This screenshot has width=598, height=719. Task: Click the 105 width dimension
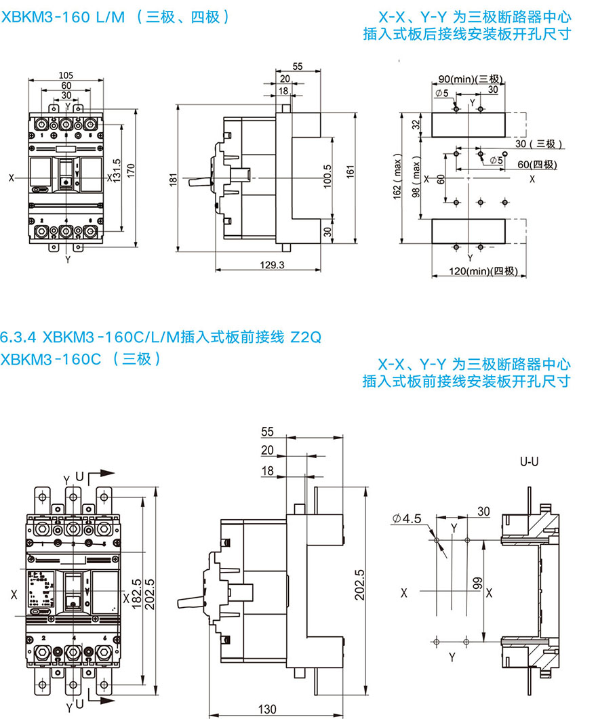click(66, 75)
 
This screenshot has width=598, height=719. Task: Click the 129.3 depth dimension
click(272, 265)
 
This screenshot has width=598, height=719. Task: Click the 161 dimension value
click(351, 173)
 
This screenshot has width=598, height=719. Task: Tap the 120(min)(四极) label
click(475, 272)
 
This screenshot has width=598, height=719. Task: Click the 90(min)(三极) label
click(469, 79)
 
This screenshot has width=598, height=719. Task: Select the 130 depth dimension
click(268, 710)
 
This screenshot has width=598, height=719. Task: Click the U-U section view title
click(529, 461)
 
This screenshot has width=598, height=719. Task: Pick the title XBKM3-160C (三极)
click(81, 358)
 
